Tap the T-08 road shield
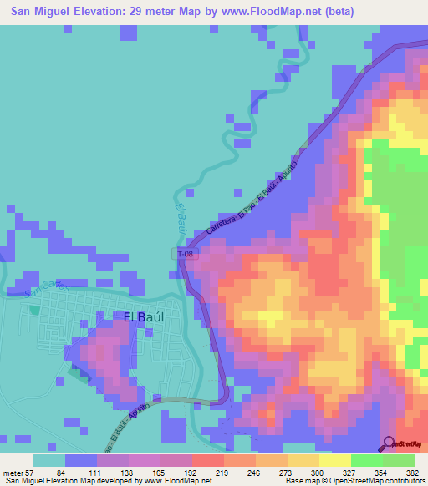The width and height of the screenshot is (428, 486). click(x=186, y=253)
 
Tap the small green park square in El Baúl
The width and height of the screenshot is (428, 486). click(x=34, y=309)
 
